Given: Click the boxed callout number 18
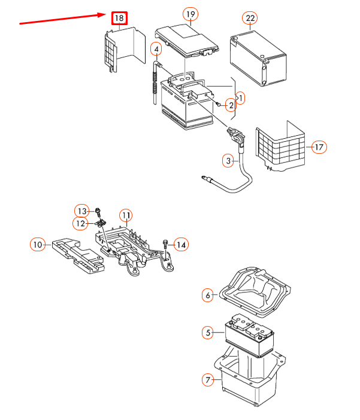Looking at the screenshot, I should click(x=119, y=19).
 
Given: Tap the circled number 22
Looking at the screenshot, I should click(x=250, y=19).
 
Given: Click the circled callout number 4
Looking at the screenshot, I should click(x=156, y=48).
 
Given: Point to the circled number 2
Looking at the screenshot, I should click(x=231, y=105).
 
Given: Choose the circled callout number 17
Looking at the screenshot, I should click(x=319, y=147).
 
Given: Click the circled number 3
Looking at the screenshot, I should click(x=228, y=160).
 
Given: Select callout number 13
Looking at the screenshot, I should click(x=81, y=211).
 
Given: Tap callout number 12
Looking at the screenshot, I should click(x=81, y=223).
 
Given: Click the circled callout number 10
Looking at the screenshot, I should click(x=38, y=244).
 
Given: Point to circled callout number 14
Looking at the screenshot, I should click(x=181, y=244).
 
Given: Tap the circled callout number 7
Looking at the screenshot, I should click(x=208, y=379).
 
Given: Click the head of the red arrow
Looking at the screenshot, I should click(x=105, y=15).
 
